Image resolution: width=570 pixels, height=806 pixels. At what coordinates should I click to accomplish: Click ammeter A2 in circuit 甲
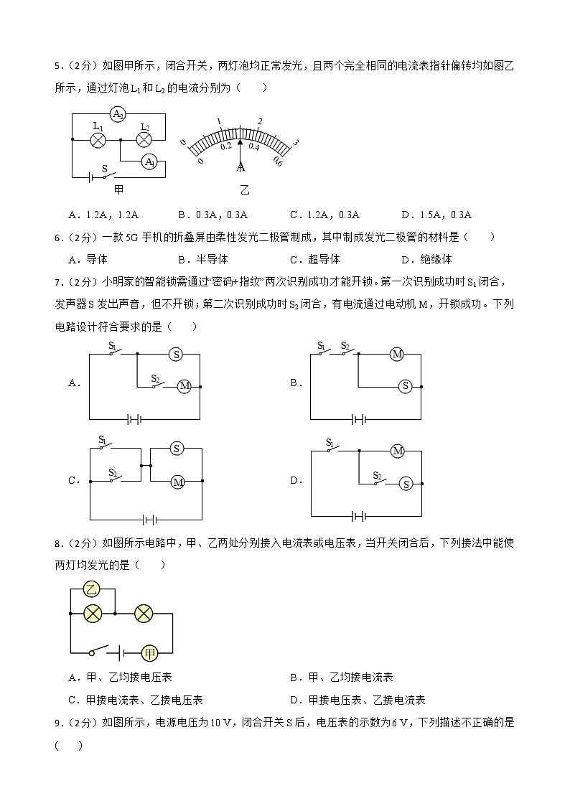click(119, 114)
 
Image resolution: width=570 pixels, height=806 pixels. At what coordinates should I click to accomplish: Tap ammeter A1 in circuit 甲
click(149, 161)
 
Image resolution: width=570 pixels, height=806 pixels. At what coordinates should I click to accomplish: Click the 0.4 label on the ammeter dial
click(253, 146)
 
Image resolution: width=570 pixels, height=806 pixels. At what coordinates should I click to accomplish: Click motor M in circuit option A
click(184, 386)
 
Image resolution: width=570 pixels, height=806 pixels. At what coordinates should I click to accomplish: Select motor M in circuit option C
click(177, 482)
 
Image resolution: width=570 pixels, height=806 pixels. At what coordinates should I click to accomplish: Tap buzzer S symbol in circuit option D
click(406, 483)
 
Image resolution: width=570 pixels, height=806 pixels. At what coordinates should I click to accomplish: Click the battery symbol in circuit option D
click(358, 515)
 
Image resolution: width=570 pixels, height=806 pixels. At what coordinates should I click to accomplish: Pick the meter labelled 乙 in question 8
click(91, 589)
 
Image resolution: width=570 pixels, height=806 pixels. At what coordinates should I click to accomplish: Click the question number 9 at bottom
click(57, 723)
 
